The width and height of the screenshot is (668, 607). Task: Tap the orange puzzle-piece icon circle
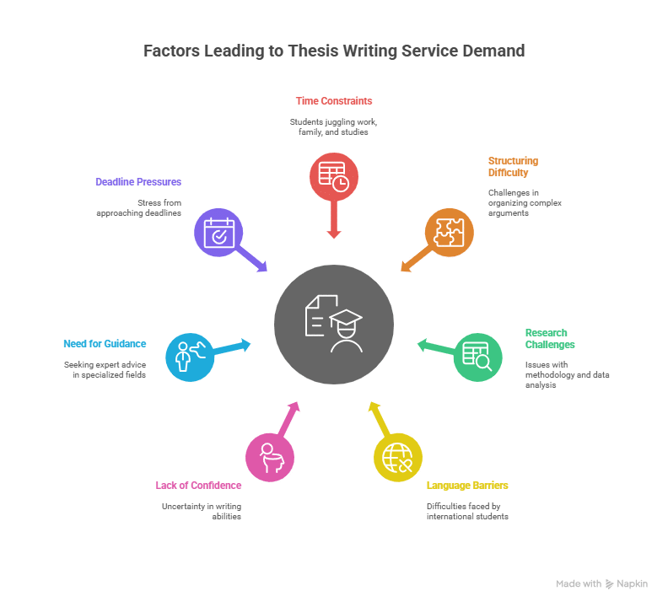point(449,232)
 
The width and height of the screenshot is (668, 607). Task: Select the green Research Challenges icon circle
point(477,357)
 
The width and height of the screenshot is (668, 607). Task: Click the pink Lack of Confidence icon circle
point(270,456)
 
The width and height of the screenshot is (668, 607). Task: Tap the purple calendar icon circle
point(218,232)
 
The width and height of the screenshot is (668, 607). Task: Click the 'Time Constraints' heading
point(334,101)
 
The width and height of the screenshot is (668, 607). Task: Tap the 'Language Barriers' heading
point(467,486)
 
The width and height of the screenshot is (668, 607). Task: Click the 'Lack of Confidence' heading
point(198,486)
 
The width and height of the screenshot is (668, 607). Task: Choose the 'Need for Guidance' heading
point(105,344)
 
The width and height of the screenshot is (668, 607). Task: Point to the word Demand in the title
point(493,51)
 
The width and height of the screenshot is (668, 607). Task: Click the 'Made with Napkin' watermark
point(601,583)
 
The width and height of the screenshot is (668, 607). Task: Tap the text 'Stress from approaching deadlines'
point(143,207)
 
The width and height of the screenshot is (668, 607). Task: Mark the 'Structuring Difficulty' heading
point(513,167)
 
